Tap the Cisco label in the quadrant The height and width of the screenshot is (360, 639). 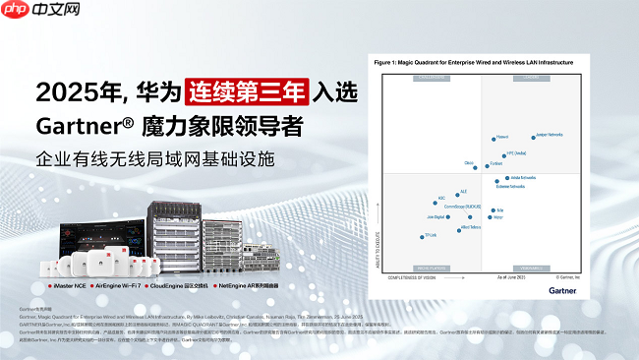(x=469, y=163)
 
